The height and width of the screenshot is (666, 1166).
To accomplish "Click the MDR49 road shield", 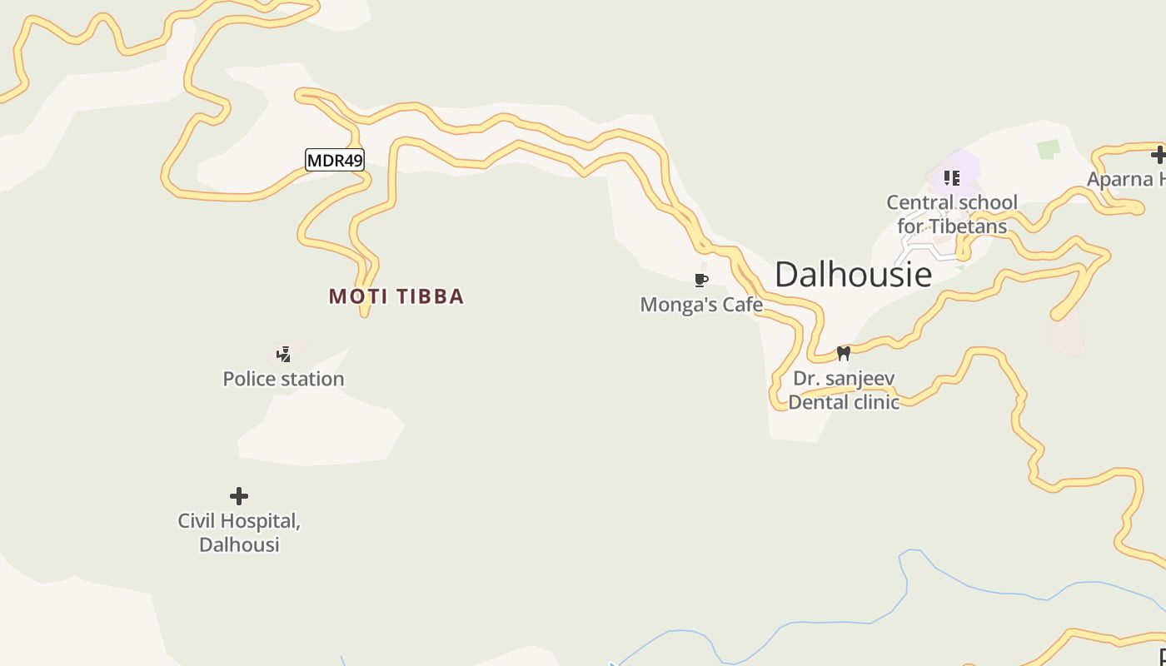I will [x=335, y=160].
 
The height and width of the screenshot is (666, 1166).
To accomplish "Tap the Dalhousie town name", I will [x=853, y=274].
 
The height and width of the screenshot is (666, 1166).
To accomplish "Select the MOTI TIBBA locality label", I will [x=396, y=296].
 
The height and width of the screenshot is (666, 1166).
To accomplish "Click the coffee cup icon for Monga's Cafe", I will [x=701, y=280].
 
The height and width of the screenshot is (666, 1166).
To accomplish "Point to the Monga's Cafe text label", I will [x=701, y=305].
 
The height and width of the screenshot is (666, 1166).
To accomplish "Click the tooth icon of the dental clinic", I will [x=843, y=353].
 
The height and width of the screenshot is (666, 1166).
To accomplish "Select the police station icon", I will [x=284, y=355].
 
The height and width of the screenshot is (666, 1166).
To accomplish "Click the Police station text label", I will [x=283, y=379].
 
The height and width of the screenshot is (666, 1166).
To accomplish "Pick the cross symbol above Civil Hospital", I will [x=239, y=496].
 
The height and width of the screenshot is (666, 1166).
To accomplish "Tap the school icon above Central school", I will [x=951, y=177].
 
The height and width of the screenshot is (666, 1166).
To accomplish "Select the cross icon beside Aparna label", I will [x=1158, y=154].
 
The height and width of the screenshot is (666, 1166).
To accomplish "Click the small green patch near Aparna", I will [x=1048, y=149].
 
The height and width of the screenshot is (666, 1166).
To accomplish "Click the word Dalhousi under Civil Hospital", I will [x=239, y=544].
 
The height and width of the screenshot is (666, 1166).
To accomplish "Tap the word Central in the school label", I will [x=918, y=202].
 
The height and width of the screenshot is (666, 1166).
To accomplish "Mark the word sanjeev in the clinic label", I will [x=862, y=379].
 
